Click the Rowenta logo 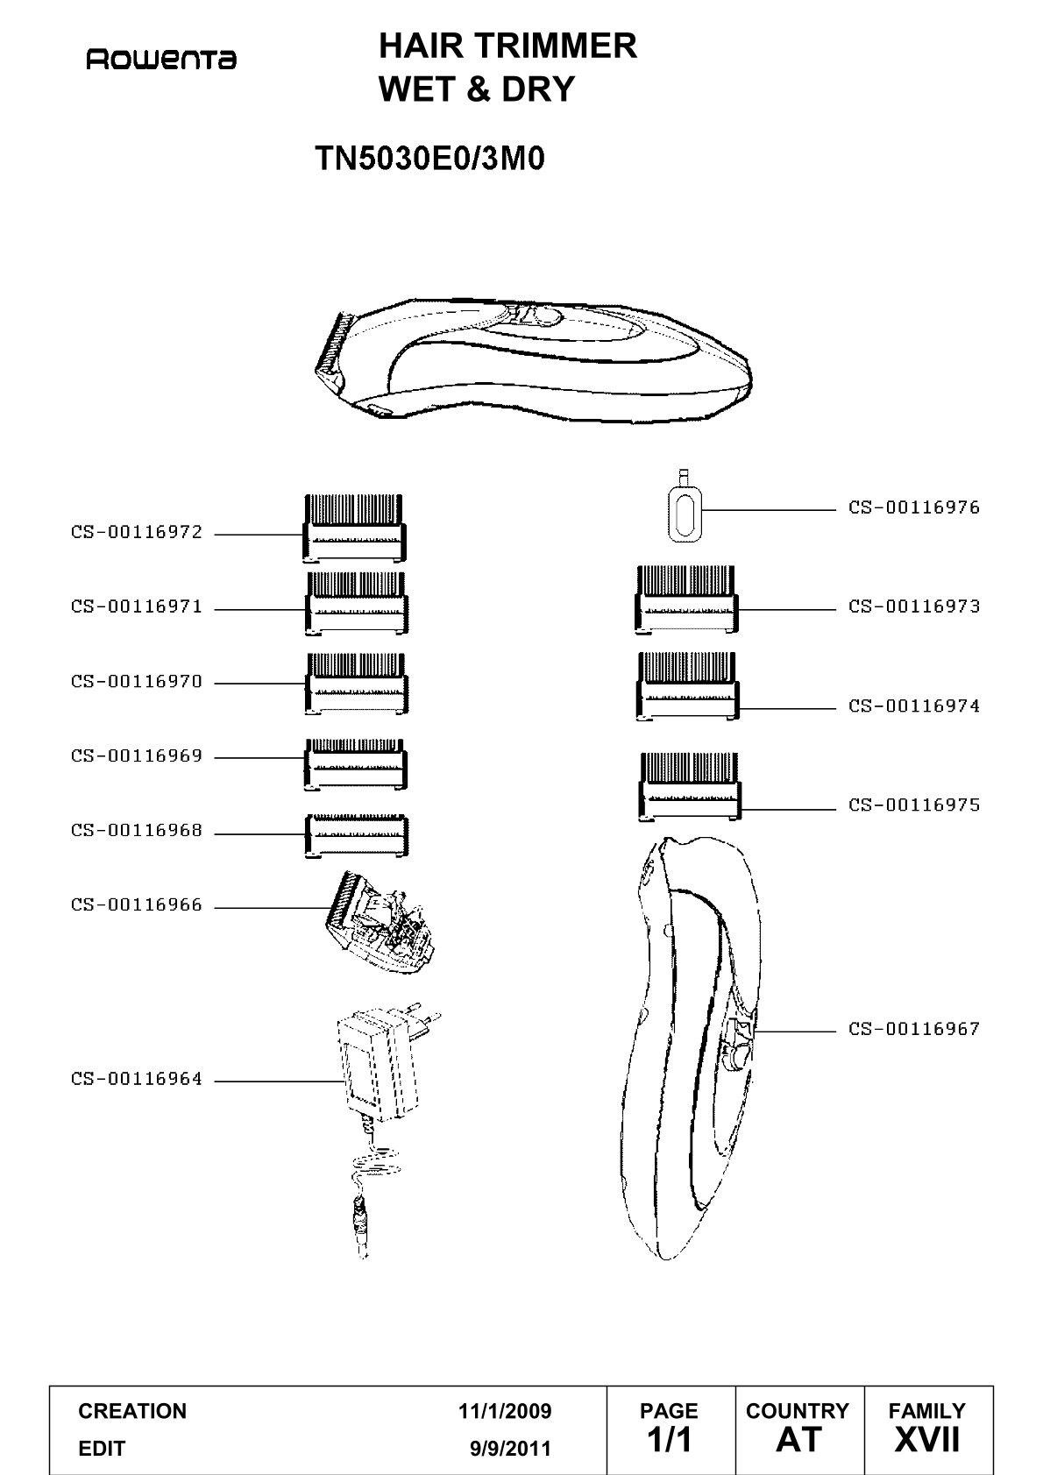161,60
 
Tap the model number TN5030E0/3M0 430,159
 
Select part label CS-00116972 137,532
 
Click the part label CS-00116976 914,507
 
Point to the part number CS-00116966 137,904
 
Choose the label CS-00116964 137,1079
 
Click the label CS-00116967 914,1029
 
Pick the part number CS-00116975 914,805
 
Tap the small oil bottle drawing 685,506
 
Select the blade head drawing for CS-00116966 380,922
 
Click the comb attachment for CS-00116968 356,836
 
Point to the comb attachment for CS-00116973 687,599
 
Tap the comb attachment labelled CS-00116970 356,684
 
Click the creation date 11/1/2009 505,1411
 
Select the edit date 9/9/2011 510,1449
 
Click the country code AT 799,1440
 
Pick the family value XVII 927,1440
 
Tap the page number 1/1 670,1440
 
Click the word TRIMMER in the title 555,46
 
